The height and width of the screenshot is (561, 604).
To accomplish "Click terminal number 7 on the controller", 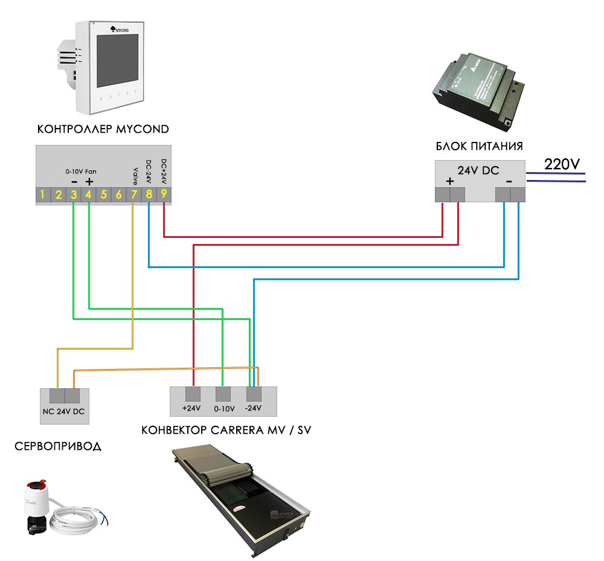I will click(134, 195).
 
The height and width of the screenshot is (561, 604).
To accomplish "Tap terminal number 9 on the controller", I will click(164, 195).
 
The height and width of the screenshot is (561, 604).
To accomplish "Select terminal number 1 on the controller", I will click(43, 195).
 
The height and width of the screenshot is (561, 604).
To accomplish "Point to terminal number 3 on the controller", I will click(74, 195).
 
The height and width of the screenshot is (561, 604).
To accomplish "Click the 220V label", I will click(562, 164).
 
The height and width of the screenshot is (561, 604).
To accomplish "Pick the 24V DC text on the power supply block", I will click(478, 171).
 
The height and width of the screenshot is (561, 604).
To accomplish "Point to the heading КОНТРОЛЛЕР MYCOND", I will click(103, 129).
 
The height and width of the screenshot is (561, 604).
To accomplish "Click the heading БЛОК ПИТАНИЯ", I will click(479, 146).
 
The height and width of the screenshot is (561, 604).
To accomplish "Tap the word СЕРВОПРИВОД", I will click(58, 447).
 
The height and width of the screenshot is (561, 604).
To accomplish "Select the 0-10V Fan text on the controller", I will click(81, 172).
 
